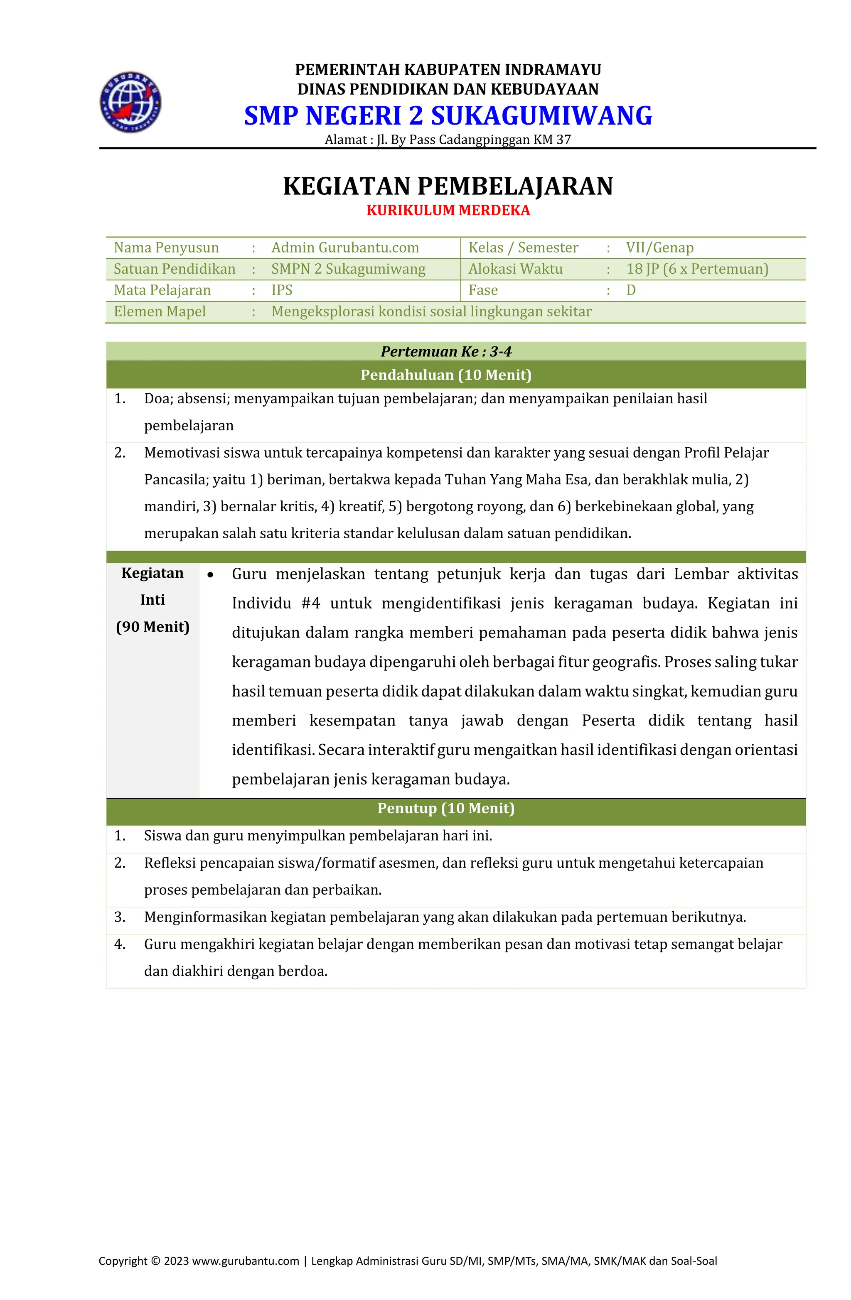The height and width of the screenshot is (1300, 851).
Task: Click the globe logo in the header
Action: coord(130,102)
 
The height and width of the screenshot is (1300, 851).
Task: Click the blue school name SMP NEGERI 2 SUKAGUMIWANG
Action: coord(448,116)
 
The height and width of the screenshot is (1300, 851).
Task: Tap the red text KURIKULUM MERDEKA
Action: coord(448,210)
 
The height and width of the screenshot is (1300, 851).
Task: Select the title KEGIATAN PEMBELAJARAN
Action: coord(448,186)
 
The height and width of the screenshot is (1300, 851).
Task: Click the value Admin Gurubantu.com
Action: coord(345,248)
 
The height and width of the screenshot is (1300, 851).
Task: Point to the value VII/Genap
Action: coord(659,248)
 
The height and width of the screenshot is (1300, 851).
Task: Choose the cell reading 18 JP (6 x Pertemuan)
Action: coord(697,269)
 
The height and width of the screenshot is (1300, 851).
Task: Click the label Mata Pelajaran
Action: coord(162,290)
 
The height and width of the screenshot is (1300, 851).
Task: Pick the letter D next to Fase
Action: coord(630,290)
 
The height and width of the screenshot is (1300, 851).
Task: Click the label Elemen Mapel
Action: coord(160,312)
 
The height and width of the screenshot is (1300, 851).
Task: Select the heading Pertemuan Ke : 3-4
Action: coord(446,352)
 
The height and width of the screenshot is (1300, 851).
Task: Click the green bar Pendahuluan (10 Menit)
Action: coord(446,375)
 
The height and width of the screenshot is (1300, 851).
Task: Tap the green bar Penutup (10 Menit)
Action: coord(446,808)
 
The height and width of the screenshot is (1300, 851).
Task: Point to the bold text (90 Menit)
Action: coord(152,626)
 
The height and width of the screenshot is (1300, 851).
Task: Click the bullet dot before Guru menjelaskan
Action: coord(210,574)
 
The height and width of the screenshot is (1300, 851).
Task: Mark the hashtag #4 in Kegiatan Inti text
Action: coord(310,603)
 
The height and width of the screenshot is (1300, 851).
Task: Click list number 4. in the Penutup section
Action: coord(120,944)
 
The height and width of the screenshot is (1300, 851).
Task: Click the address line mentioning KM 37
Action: coord(448,140)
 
